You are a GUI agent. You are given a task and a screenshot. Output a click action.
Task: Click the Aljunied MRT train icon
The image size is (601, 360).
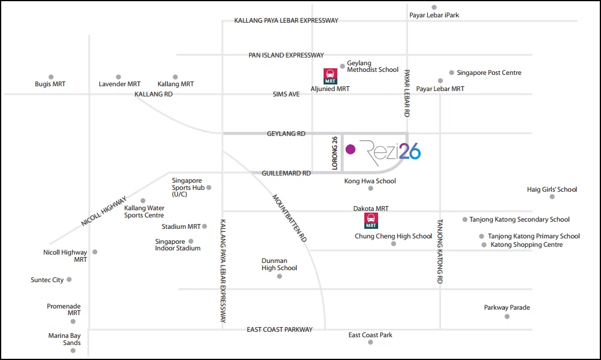pyautogui.click(x=330, y=76)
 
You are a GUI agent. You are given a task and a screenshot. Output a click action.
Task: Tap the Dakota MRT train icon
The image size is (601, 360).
pyautogui.click(x=371, y=220)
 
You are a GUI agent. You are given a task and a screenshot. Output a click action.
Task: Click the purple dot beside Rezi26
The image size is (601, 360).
pyautogui.click(x=351, y=149)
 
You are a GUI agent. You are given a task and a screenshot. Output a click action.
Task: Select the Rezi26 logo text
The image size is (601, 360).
pyautogui.click(x=390, y=152)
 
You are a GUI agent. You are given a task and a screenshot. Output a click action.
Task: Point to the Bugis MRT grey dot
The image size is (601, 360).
pyautogui.click(x=51, y=77)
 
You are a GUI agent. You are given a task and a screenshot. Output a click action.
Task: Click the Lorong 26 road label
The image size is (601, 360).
pyautogui.click(x=335, y=153)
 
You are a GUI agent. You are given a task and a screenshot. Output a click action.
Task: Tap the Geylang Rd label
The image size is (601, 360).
pyautogui.click(x=286, y=134)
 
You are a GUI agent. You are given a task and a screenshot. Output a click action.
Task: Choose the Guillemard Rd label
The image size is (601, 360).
pyautogui.click(x=286, y=173)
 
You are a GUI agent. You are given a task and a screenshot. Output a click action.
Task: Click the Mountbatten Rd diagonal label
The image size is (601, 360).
pyautogui.click(x=289, y=218)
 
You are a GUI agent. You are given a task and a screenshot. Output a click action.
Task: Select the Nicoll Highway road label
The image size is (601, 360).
pyautogui.click(x=104, y=211)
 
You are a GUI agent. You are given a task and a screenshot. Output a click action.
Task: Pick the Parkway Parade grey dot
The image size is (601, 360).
pyautogui.click(x=507, y=317)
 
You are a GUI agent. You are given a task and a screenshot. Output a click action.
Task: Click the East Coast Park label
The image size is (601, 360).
pyautogui.click(x=370, y=335)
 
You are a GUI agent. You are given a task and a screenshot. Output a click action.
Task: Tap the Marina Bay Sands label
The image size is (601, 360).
pyautogui.click(x=64, y=339)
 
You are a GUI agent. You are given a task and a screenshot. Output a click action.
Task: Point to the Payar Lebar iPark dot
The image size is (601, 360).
pyautogui.click(x=434, y=7)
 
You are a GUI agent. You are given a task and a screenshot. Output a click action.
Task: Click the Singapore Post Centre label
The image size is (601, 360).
pyautogui.click(x=489, y=72)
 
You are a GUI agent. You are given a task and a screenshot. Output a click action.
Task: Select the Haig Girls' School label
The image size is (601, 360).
pyautogui.click(x=552, y=189)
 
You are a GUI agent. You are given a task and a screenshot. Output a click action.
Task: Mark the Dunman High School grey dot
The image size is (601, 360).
pyautogui.click(x=279, y=276)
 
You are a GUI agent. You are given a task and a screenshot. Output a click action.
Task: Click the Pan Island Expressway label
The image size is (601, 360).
pyautogui.click(x=286, y=55)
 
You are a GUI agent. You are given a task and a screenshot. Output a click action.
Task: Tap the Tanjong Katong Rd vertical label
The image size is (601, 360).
pyautogui.click(x=440, y=251)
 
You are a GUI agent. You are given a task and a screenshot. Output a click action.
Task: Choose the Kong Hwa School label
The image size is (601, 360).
pyautogui.click(x=370, y=181)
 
